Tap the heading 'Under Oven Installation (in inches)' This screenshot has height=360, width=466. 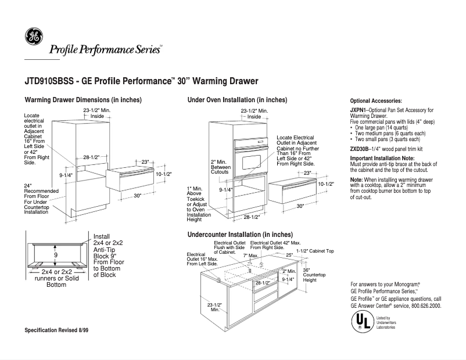click(237, 100)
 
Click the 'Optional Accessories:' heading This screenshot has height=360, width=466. click(376, 101)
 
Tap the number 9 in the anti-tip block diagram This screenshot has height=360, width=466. click(56, 255)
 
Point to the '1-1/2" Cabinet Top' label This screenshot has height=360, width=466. click(315, 251)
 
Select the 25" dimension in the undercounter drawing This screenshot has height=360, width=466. click(289, 255)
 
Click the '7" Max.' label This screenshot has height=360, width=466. click(250, 255)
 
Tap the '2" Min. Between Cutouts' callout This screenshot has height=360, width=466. click(221, 167)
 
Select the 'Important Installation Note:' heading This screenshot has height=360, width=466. click(382, 159)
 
